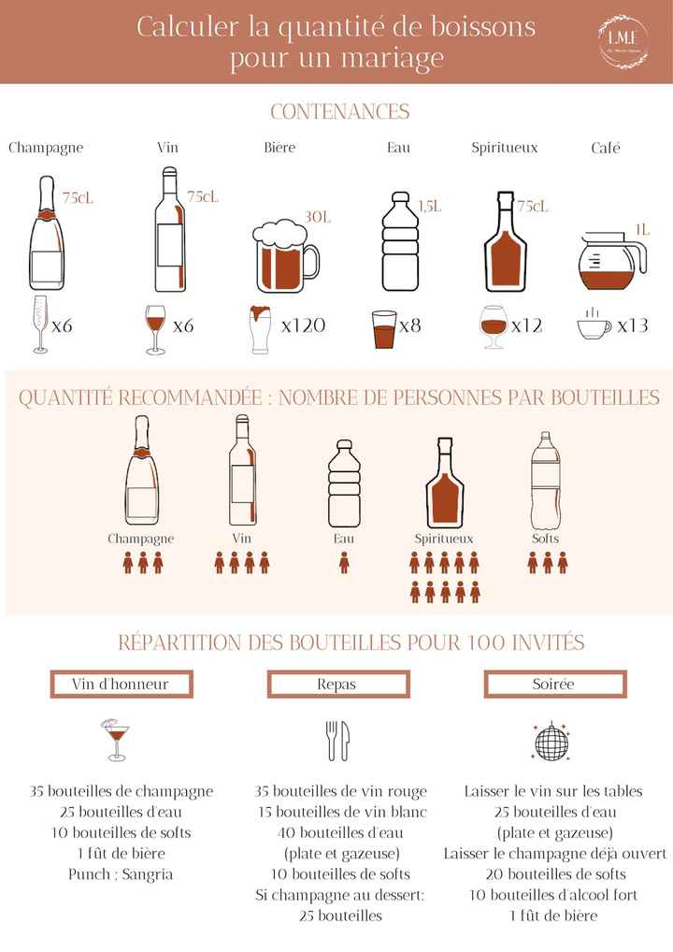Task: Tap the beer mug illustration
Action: pos(286,257)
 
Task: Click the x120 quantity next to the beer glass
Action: pos(303,325)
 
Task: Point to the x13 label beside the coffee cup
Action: pos(633,325)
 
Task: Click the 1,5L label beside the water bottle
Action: pos(429,206)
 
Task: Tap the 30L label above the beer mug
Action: pos(318,217)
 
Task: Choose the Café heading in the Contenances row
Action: pos(606,148)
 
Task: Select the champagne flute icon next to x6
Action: pos(40,325)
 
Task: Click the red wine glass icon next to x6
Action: pos(155,328)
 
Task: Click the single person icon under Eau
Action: pos(344,562)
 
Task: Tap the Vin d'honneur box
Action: pos(121,685)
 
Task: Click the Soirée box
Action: pos(553,685)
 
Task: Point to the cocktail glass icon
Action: pos(116,739)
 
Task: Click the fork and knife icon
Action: pos(336,740)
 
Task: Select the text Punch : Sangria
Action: pos(121,874)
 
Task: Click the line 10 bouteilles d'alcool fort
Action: pos(553,895)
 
